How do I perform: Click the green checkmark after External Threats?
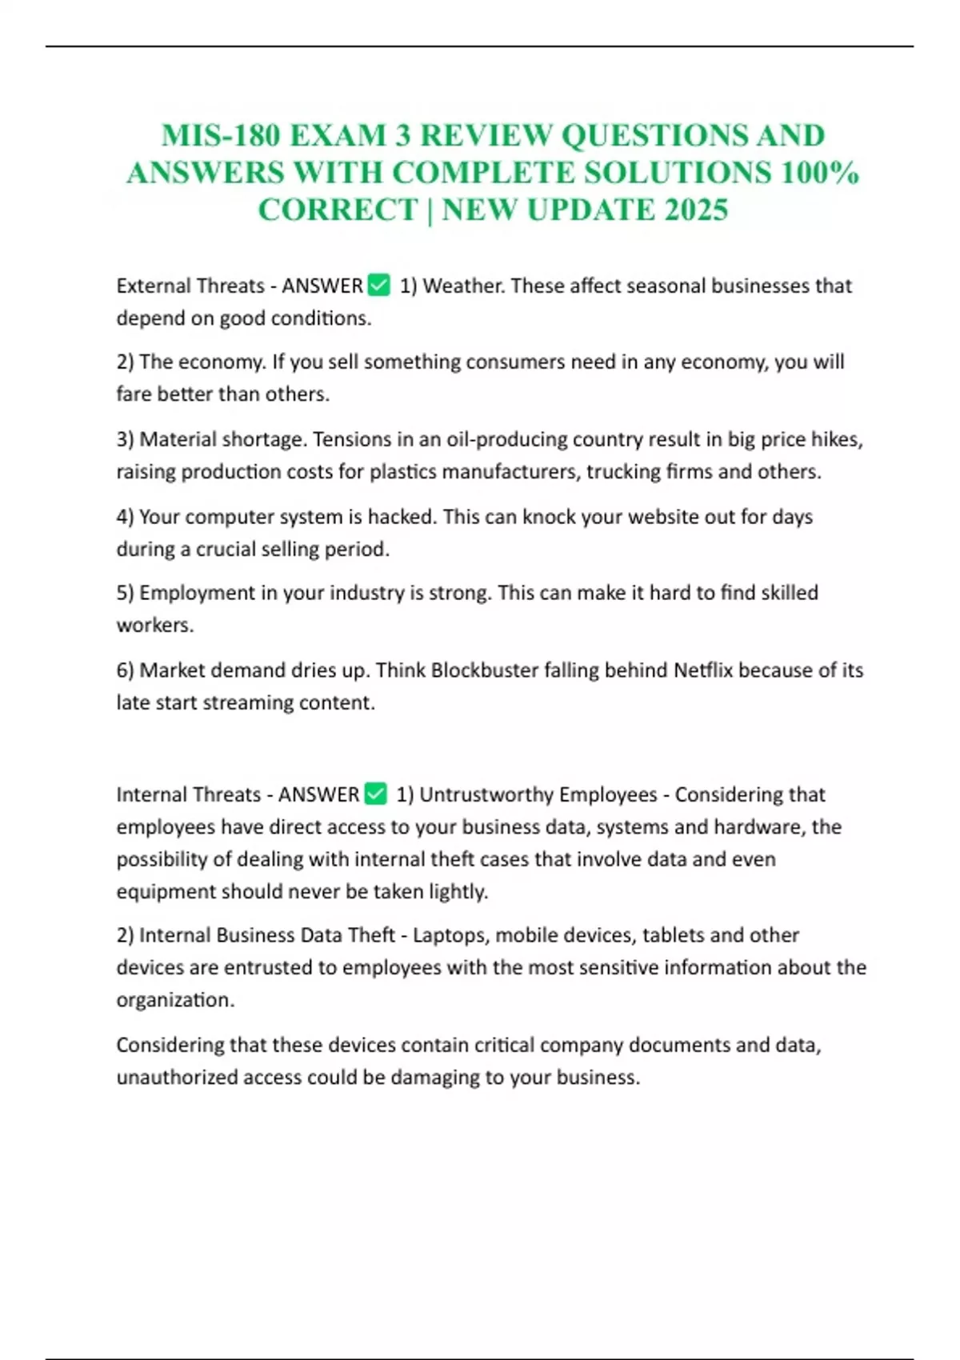point(378,285)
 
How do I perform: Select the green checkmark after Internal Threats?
point(375,794)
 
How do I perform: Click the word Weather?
point(463,286)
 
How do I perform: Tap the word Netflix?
point(703,670)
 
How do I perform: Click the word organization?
point(175,1000)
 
